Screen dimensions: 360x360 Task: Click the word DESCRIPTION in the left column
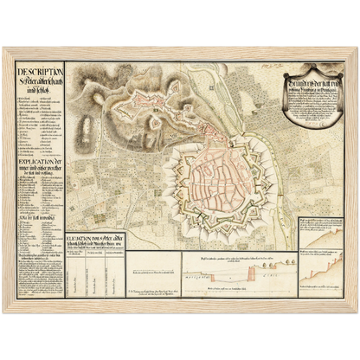35,67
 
